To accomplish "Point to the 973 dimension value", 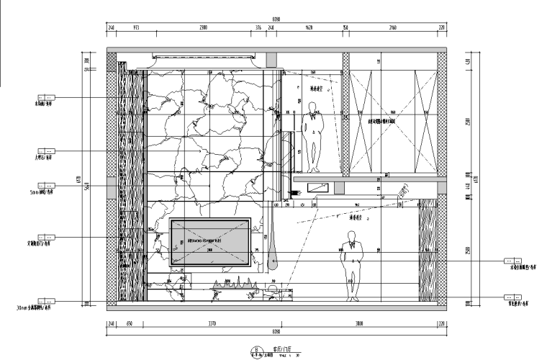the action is coord(137,28).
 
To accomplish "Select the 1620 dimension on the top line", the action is coord(308,28).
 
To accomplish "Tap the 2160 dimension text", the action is coord(392,28).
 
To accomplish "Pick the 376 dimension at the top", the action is coord(258,28).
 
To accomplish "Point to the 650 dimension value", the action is coord(130,325).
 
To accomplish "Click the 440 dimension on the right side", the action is coord(469,186).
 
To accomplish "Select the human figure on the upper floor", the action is coord(312,137).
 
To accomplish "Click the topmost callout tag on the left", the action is coord(46,96).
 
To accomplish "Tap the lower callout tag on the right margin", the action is coord(512,297).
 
